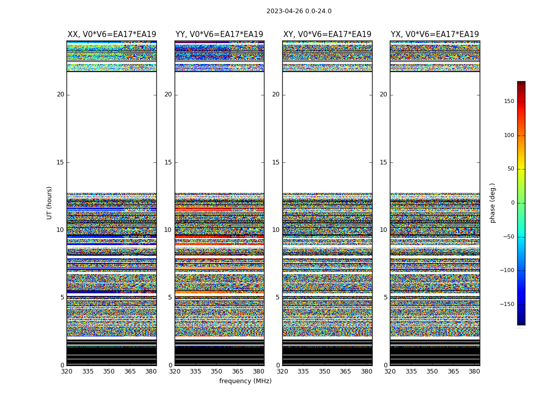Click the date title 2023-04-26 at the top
tap(298, 11)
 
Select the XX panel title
tap(112, 35)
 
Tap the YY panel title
tap(219, 35)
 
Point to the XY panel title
tap(327, 35)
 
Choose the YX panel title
tap(435, 35)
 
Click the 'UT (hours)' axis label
tap(50, 202)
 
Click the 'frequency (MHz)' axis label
tap(245, 381)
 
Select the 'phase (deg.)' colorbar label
tap(492, 202)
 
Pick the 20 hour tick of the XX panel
tap(60, 94)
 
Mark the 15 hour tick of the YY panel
tap(168, 162)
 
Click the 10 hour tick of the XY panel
tap(276, 230)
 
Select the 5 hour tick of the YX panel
tap(385, 297)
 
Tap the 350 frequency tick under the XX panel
tap(109, 371)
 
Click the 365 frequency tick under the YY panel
tap(238, 371)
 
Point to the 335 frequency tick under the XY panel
tap(304, 371)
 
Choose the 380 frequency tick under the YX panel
tap(474, 371)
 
